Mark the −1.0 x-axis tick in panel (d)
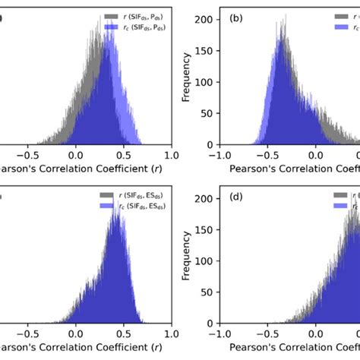click(x=219, y=333)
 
